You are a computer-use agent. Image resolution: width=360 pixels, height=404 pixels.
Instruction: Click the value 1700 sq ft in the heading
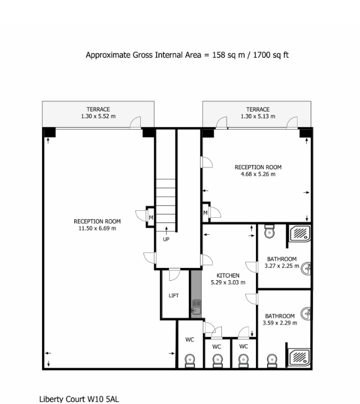tap(269, 55)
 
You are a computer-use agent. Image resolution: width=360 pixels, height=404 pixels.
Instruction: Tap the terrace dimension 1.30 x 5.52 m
tap(98, 116)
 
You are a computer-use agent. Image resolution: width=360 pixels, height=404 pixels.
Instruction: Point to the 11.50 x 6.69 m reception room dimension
tap(97, 228)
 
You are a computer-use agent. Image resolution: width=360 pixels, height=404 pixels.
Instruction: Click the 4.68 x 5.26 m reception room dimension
tap(258, 174)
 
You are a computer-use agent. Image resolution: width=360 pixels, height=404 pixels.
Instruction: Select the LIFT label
tap(173, 295)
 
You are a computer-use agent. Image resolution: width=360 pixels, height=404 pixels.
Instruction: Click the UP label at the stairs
tap(166, 239)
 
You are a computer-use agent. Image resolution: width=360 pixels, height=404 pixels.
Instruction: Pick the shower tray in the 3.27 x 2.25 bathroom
tap(300, 233)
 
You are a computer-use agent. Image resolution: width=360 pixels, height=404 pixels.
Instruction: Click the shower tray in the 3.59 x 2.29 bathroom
tap(300, 357)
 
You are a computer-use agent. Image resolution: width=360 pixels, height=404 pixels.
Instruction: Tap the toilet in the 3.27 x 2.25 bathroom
tap(269, 232)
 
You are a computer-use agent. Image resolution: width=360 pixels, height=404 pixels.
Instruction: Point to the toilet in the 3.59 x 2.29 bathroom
tap(271, 360)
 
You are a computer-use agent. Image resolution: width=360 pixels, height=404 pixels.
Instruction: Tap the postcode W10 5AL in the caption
tap(101, 399)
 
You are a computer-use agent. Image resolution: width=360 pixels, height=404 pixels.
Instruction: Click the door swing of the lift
tap(174, 275)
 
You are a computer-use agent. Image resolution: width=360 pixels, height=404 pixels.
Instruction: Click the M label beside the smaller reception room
tap(205, 213)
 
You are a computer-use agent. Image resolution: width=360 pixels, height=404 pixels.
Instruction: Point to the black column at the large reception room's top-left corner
tap(49, 132)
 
